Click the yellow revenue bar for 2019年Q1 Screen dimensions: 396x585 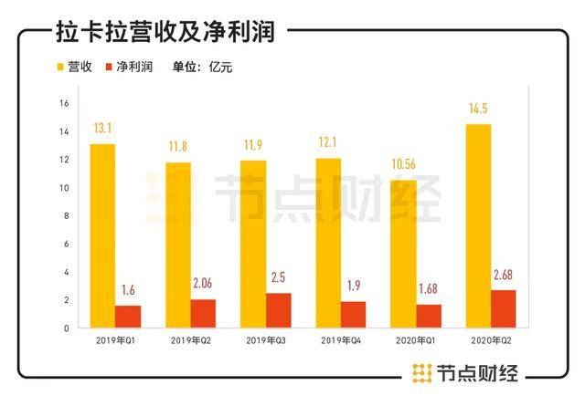pyautogui.click(x=102, y=235)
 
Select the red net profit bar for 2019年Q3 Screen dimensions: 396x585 pyautogui.click(x=279, y=310)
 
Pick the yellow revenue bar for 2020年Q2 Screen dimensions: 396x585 pyautogui.click(x=478, y=225)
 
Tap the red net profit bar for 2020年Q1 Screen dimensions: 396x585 pyautogui.click(x=429, y=316)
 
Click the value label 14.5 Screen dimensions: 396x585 pyautogui.click(x=478, y=112)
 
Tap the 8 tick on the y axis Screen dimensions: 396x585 pyautogui.click(x=66, y=216)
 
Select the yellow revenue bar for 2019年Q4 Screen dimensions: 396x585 pyautogui.click(x=328, y=243)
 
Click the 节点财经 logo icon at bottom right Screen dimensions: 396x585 pyautogui.click(x=421, y=372)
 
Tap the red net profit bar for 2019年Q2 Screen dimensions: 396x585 pyautogui.click(x=204, y=313)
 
